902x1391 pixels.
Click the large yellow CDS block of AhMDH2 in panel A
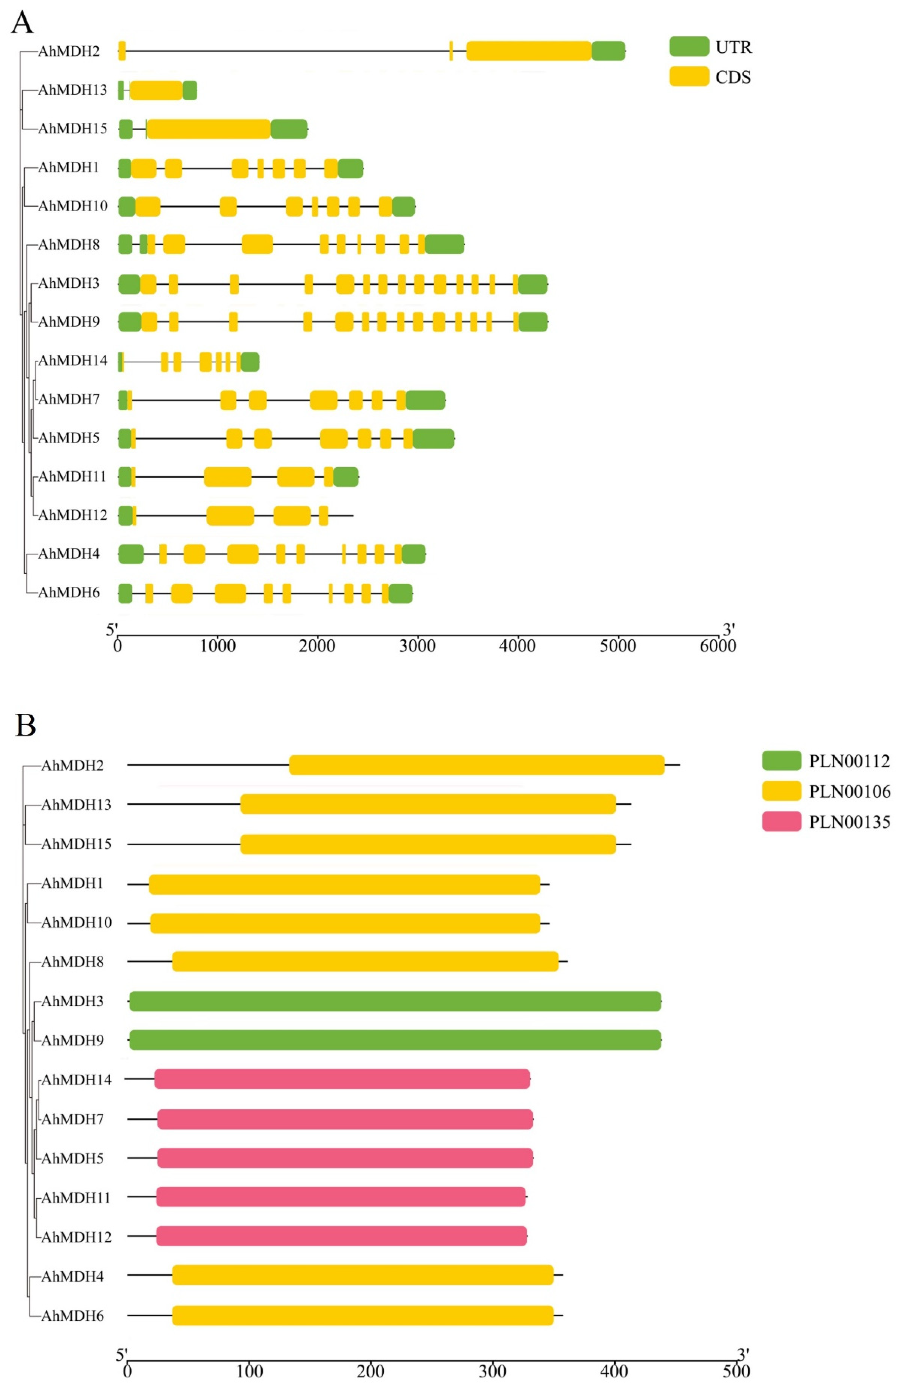click(529, 51)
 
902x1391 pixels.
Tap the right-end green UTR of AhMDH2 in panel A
click(608, 51)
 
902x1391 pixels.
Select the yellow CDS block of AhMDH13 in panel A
click(156, 90)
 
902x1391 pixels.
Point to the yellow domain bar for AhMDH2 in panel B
click(476, 765)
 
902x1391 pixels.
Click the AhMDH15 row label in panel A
click(72, 129)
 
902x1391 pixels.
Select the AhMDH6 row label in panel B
click(72, 1315)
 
